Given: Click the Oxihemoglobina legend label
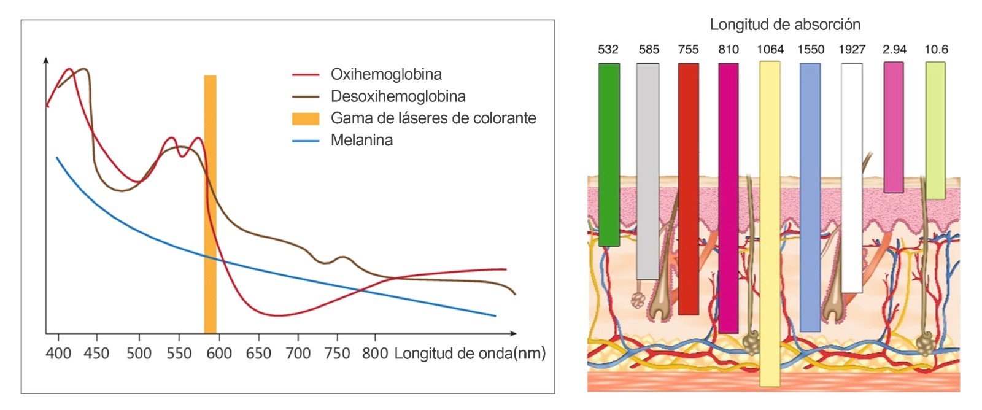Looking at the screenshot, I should tap(386, 75).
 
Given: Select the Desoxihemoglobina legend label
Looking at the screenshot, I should tap(398, 96).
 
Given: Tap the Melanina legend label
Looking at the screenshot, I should tap(361, 140).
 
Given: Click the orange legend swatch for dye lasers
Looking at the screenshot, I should tap(306, 118).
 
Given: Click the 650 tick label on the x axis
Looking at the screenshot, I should tap(259, 354).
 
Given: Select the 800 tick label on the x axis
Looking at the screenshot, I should tap(375, 354).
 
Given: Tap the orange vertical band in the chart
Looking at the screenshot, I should tap(210, 203).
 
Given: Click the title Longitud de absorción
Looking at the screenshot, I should tap(785, 25).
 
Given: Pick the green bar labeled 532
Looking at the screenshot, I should tap(608, 153).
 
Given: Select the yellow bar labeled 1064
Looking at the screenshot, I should tap(770, 224).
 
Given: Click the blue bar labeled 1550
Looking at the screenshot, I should tap(810, 196).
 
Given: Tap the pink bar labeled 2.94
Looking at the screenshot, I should tap(893, 127).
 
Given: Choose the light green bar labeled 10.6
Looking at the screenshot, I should tap(935, 130).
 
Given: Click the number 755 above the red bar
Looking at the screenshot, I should tap(688, 50).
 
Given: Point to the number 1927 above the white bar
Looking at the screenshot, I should tap(852, 50).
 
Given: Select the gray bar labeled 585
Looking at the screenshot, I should tap(648, 171).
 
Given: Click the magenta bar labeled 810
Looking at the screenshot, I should tap(728, 198).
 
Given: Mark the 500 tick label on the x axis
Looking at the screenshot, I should tap(139, 354).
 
